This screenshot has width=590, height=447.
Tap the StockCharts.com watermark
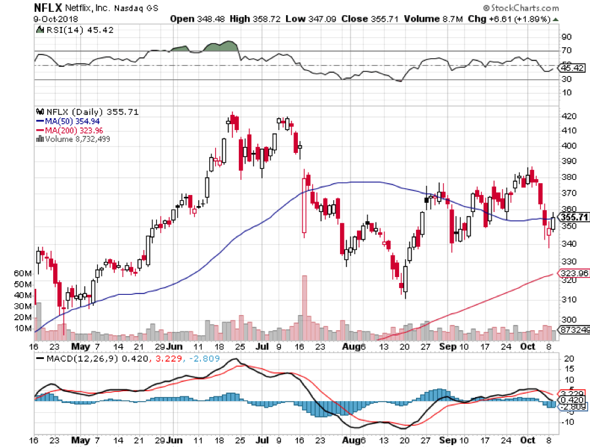(x=529, y=9)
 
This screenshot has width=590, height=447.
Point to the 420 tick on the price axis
(x=568, y=116)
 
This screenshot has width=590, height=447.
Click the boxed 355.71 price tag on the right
(x=572, y=217)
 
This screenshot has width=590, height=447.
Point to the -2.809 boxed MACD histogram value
(x=570, y=406)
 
